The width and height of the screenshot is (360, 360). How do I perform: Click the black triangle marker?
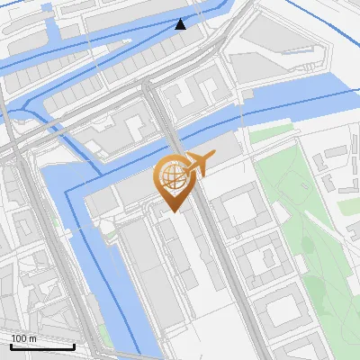pos(181,23)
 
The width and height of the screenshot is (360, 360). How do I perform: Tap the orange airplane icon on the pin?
pos(198,165)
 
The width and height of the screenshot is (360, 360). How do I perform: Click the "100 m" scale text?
pos(23,338)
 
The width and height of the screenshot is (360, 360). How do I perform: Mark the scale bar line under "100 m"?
pos(42,346)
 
